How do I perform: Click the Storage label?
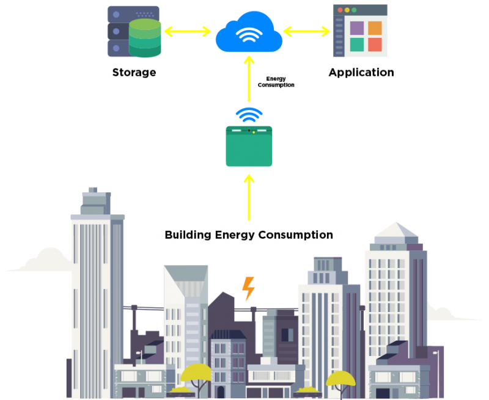[x=134, y=73]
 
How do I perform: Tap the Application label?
[x=361, y=73]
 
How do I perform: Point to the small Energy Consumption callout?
[x=276, y=82]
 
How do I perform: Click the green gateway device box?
[x=249, y=147]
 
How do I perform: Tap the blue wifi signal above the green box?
[x=249, y=115]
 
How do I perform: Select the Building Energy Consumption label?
[x=249, y=235]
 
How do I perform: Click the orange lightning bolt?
[x=248, y=288]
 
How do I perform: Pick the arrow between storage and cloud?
[x=187, y=31]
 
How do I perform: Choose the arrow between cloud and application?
[x=306, y=31]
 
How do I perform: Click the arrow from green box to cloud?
[x=249, y=79]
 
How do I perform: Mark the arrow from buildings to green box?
[x=249, y=198]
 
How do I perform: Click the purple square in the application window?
[x=357, y=28]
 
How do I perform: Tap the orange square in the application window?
[x=375, y=28]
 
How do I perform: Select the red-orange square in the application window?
[x=375, y=45]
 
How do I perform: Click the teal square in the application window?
[x=357, y=45]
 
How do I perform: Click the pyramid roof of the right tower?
[x=395, y=233]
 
